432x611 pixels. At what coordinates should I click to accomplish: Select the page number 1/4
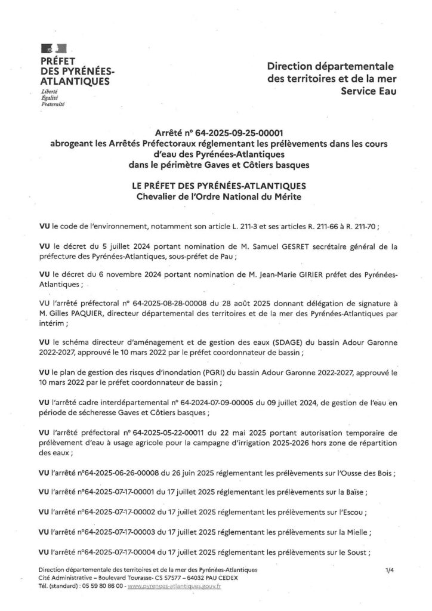390,571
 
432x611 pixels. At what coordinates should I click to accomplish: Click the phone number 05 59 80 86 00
102,587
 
